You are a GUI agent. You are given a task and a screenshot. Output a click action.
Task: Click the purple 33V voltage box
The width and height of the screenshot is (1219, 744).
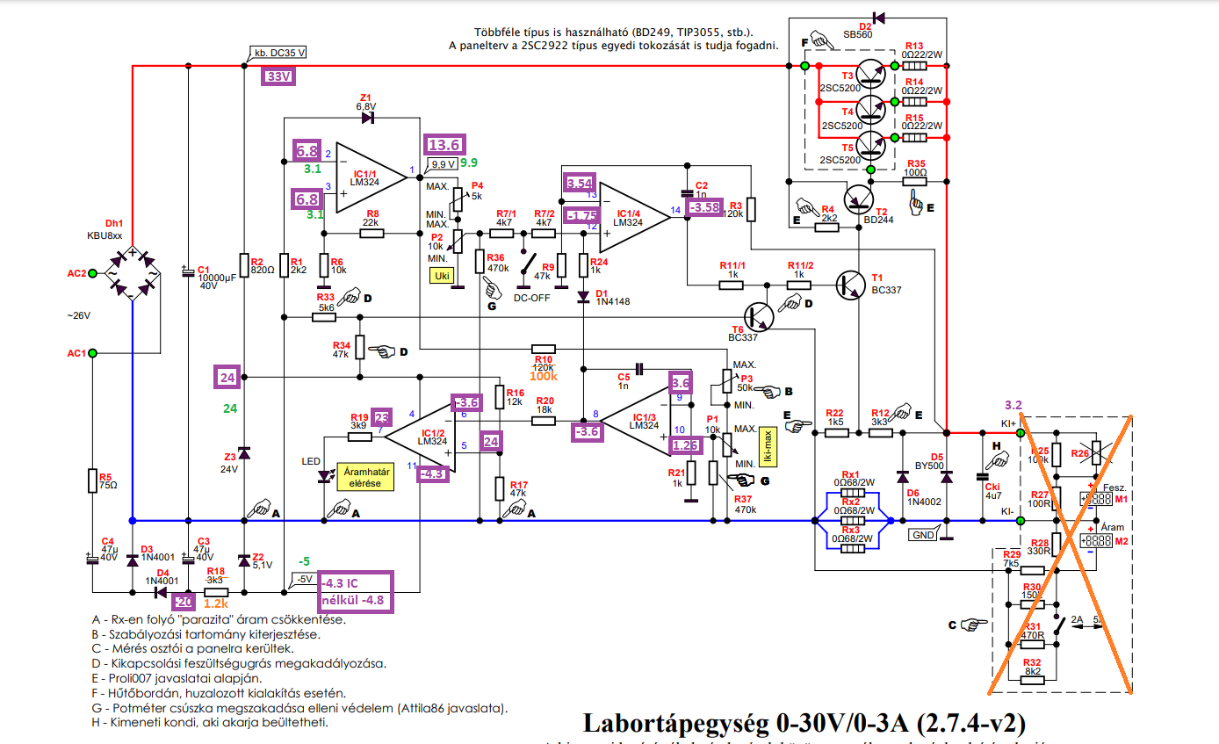(278, 77)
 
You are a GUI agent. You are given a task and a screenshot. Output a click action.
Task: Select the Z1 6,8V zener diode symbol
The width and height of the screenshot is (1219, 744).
(367, 117)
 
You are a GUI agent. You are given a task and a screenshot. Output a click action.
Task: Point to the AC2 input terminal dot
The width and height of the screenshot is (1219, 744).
(93, 273)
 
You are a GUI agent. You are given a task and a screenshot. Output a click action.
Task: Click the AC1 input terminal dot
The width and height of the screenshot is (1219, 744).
(93, 353)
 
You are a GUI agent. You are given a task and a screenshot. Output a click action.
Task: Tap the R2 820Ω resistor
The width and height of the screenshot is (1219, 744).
(244, 265)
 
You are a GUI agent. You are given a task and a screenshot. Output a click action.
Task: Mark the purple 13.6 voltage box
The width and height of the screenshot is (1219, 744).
(442, 145)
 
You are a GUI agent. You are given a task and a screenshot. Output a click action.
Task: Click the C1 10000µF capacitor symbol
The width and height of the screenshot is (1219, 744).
(187, 272)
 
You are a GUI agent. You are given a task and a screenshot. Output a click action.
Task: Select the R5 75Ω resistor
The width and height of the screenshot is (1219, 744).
(92, 480)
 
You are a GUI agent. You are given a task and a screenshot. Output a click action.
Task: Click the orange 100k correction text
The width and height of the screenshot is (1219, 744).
(543, 376)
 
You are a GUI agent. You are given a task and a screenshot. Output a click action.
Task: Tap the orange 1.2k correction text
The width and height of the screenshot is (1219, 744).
(215, 603)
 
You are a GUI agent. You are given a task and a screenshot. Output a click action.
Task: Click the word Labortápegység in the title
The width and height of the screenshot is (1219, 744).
(677, 723)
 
